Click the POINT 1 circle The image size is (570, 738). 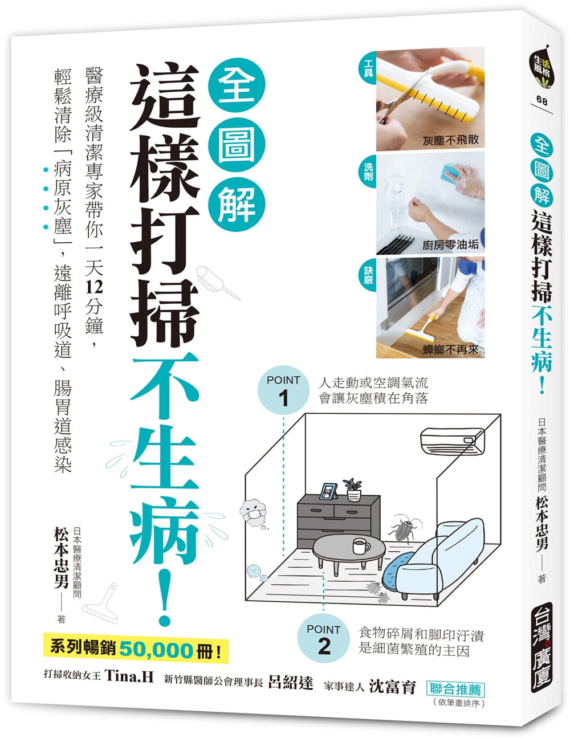pos(283,390)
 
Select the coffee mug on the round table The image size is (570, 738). pos(361,545)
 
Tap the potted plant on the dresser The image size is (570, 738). pos(353,489)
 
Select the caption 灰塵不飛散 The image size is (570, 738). pos(450,140)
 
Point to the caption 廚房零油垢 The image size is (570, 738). pos(450,244)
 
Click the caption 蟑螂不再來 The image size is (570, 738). pos(450,349)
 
